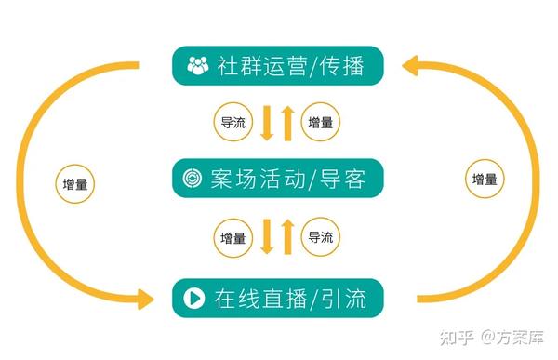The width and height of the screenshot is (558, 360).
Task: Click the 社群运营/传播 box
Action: tap(276, 65)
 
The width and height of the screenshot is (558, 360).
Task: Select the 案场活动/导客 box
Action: tap(276, 178)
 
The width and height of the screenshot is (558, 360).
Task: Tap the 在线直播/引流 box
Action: tap(276, 298)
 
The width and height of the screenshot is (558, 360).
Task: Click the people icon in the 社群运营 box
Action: tap(198, 65)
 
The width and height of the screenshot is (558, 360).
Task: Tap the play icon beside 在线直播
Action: tap(194, 298)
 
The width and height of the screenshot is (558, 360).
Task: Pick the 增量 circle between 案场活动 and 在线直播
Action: tap(233, 237)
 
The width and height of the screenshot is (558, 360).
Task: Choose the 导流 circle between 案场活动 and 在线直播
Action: tap(321, 237)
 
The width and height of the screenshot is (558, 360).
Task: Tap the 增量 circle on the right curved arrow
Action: tap(484, 178)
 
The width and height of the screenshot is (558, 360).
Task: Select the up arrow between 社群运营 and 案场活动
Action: tap(287, 122)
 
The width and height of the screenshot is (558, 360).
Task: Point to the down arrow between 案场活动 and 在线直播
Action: tap(267, 238)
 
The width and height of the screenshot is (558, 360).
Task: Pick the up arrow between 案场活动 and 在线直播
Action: tap(287, 236)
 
